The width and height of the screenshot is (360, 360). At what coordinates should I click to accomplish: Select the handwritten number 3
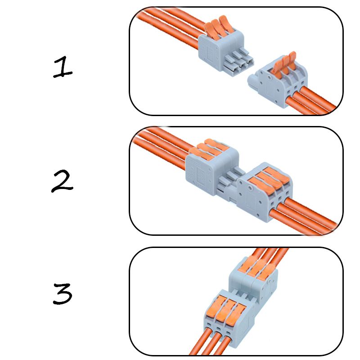click(63, 294)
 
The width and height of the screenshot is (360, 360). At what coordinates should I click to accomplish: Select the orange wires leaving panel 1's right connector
click(315, 101)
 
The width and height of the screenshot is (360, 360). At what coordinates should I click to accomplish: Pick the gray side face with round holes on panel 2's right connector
click(250, 198)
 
